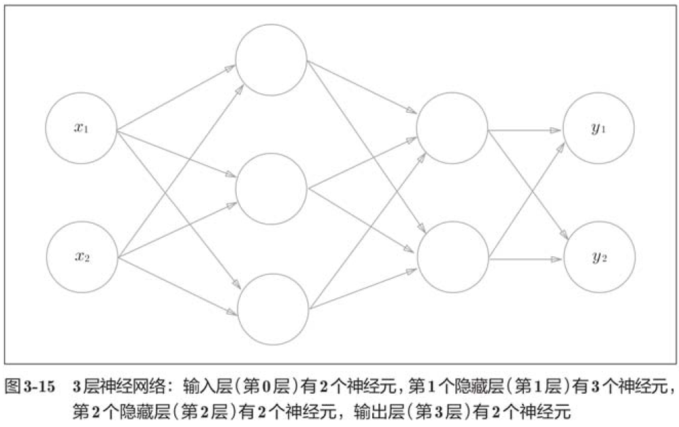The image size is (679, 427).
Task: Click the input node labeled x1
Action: [82, 129]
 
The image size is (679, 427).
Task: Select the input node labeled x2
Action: [82, 257]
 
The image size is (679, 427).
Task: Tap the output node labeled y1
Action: [599, 129]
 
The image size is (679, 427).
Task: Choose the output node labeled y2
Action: [599, 257]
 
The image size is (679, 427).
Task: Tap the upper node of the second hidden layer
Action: [452, 129]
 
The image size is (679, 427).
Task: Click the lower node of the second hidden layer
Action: [452, 257]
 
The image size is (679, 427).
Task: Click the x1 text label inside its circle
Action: [82, 129]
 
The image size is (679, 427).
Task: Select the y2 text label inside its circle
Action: [599, 257]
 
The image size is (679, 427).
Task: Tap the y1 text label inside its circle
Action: [599, 129]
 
